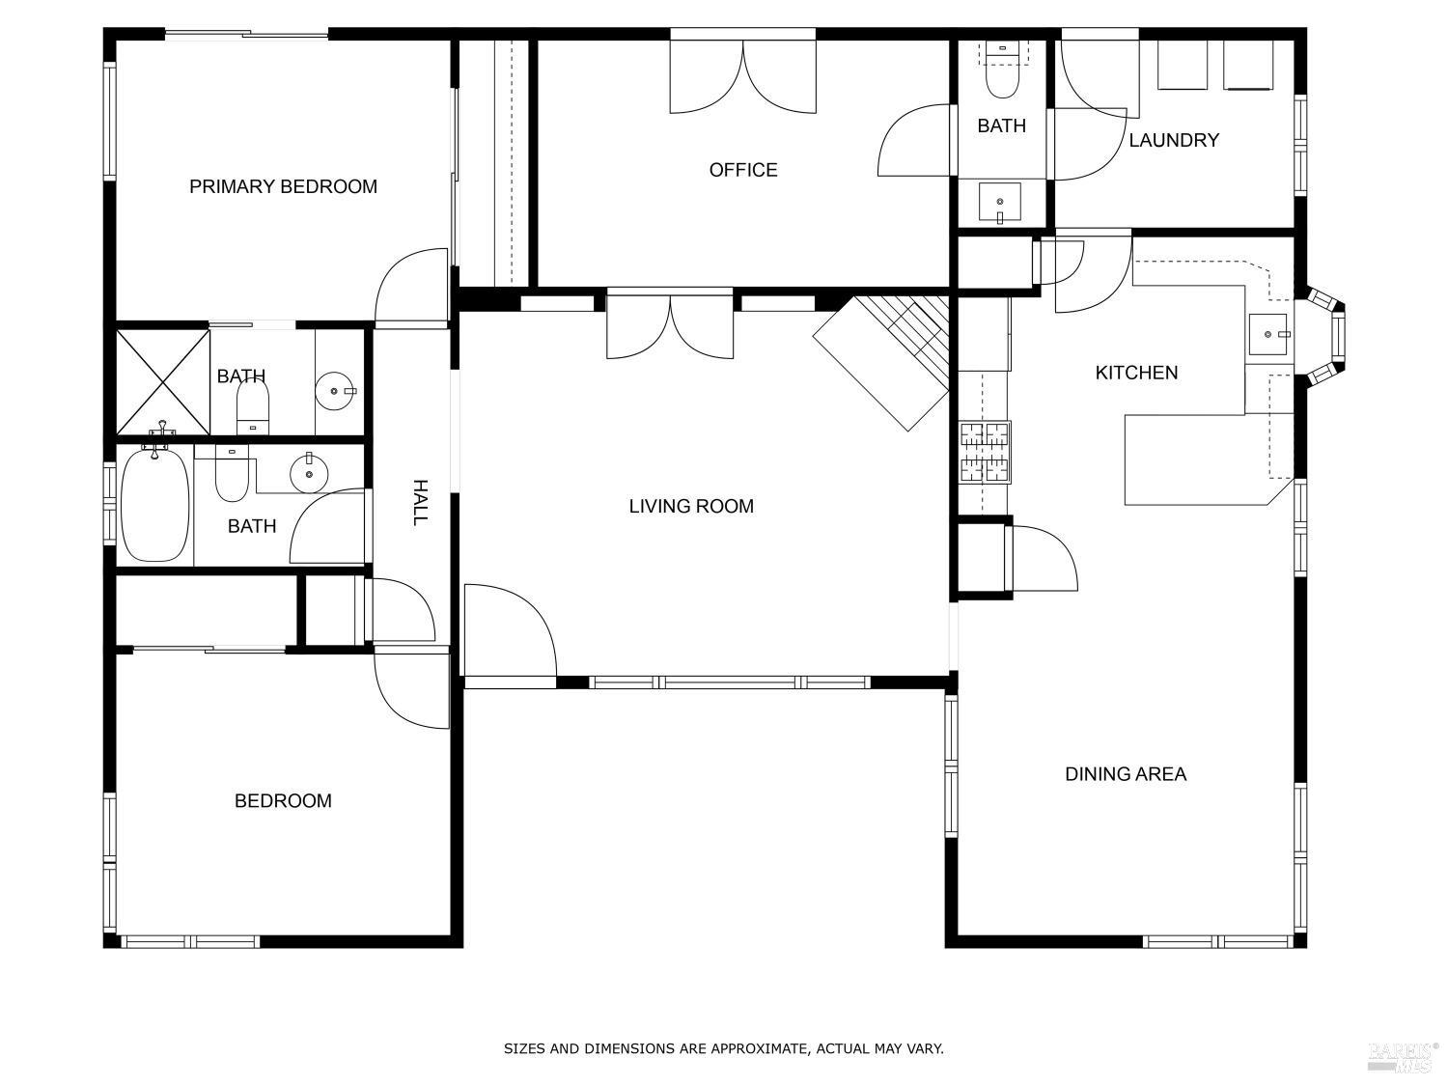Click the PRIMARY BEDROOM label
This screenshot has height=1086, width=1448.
[283, 186]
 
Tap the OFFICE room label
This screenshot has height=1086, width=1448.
[742, 170]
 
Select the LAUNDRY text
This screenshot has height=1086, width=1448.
[1173, 140]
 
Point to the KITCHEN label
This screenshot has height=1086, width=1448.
[1136, 373]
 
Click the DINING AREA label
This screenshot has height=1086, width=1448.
[1126, 774]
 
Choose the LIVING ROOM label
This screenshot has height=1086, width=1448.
[691, 506]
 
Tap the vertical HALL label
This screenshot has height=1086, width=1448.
[420, 502]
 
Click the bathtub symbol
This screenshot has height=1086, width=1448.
[154, 506]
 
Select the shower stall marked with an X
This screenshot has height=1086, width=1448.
[163, 382]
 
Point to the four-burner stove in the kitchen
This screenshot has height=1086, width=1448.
[984, 452]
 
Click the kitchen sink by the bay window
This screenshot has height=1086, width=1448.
[1268, 334]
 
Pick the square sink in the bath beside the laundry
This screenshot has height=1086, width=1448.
[1000, 203]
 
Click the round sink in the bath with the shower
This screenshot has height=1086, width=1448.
[335, 391]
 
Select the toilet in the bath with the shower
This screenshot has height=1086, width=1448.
[252, 405]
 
